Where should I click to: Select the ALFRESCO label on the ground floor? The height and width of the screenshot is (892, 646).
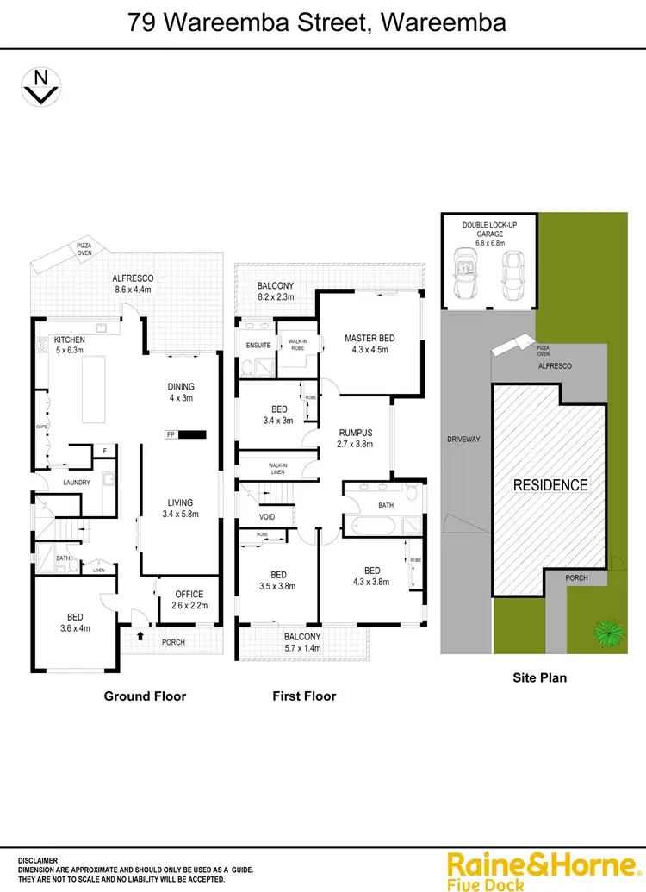click(133, 278)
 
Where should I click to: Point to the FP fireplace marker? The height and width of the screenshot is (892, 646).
click(171, 434)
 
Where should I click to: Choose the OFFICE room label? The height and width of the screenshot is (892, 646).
click(189, 594)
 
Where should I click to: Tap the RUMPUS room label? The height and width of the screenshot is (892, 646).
click(353, 434)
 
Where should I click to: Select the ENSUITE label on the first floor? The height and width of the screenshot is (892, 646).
click(258, 346)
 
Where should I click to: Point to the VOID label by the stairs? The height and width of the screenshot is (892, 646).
click(267, 517)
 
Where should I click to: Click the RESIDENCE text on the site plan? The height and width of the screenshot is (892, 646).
click(550, 485)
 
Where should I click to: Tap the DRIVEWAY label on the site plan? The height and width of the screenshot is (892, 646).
click(463, 439)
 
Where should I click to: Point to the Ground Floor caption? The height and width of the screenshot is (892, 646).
click(145, 696)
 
